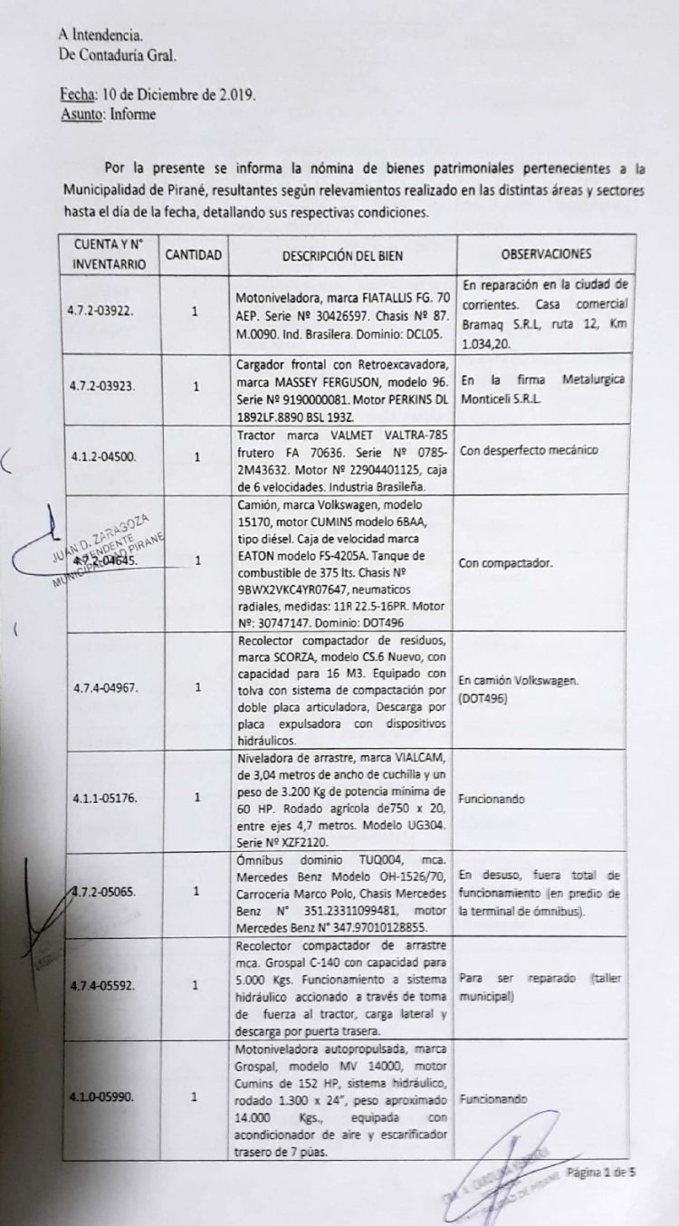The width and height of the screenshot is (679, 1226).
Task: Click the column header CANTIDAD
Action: click(x=194, y=254)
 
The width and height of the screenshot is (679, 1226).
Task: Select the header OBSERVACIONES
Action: click(x=546, y=254)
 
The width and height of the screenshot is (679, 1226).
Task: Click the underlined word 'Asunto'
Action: click(x=80, y=114)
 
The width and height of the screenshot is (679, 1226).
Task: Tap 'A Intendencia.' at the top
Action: click(x=100, y=35)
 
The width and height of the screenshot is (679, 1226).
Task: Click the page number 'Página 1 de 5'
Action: click(x=602, y=1173)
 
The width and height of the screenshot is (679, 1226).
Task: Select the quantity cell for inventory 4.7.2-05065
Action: click(x=196, y=891)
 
